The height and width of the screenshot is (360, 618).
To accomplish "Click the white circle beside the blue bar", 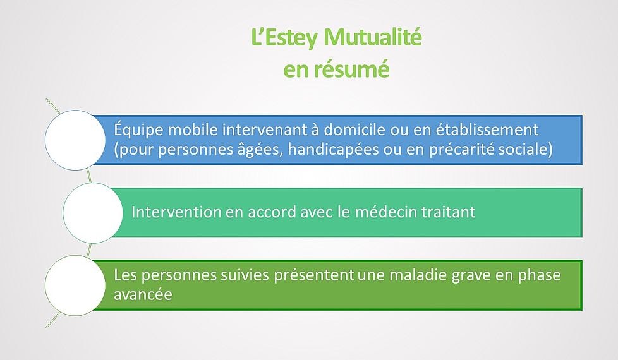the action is [x=75, y=140].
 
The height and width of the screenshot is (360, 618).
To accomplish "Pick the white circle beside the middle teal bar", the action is [x=93, y=213].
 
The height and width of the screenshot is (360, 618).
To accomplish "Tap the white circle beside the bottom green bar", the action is [x=75, y=285].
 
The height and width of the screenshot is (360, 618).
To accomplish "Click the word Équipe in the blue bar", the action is [x=138, y=129].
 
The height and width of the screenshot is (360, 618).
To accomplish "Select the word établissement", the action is [x=487, y=129].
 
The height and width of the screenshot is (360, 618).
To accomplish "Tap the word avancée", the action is [x=143, y=294].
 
